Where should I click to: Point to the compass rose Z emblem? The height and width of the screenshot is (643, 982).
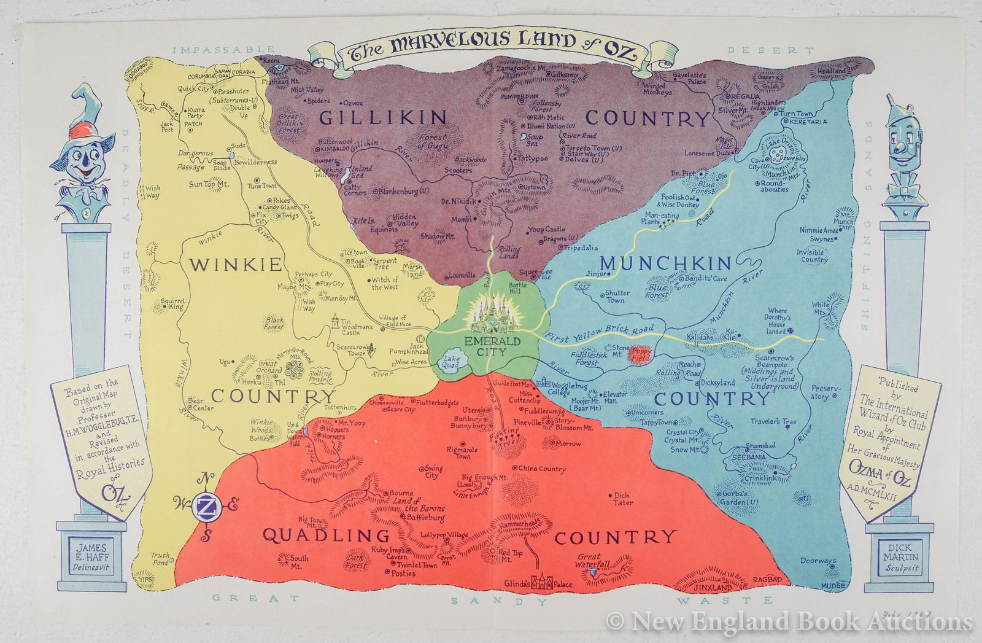(x=206, y=505)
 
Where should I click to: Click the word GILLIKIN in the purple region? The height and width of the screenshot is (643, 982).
(x=382, y=118)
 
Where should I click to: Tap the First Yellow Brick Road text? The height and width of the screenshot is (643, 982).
(x=599, y=330)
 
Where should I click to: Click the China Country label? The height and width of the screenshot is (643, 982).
(x=541, y=469)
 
